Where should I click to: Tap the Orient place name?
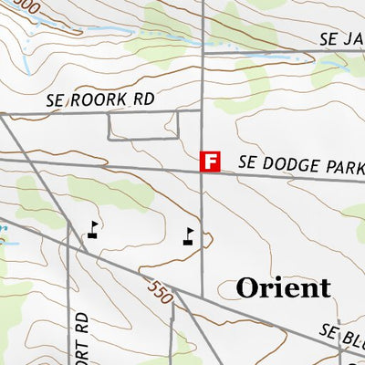tap(283, 288)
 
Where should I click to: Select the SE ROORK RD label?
tap(108, 99)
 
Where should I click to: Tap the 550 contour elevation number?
tap(158, 291)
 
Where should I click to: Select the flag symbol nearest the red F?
tap(189, 235)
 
